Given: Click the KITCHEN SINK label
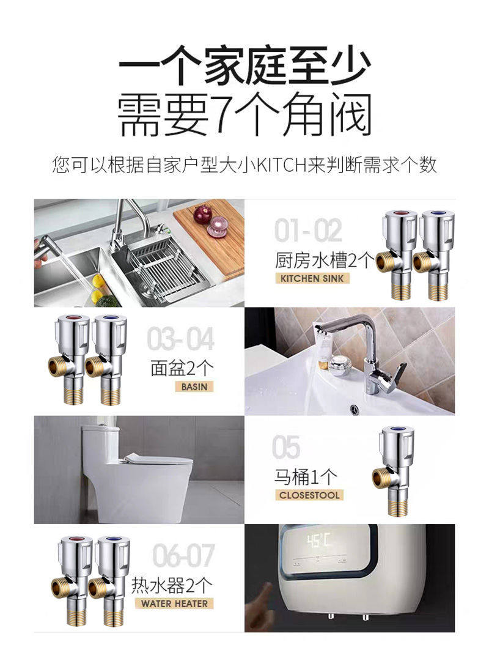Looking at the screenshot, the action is (x=312, y=279).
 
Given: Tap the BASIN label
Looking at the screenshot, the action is (x=194, y=387).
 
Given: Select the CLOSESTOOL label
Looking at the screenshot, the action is (x=309, y=495).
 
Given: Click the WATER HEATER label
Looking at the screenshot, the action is (x=174, y=604).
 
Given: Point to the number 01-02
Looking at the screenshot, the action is (x=308, y=231).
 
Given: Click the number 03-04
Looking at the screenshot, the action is (x=180, y=339).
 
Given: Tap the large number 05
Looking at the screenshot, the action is (x=286, y=448).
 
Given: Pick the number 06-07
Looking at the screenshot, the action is (x=183, y=555).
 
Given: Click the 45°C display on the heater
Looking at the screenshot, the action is (x=318, y=541).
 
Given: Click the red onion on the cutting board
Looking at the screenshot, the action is (x=203, y=214).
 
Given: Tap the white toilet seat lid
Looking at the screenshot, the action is (x=158, y=460).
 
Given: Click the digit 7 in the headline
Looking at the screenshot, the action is (x=223, y=114).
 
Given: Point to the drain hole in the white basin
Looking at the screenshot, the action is (x=355, y=410).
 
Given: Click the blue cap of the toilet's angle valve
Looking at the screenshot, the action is (x=397, y=430).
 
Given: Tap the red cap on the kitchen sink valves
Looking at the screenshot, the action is (x=400, y=214).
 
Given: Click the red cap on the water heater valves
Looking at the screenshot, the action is (x=76, y=540).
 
